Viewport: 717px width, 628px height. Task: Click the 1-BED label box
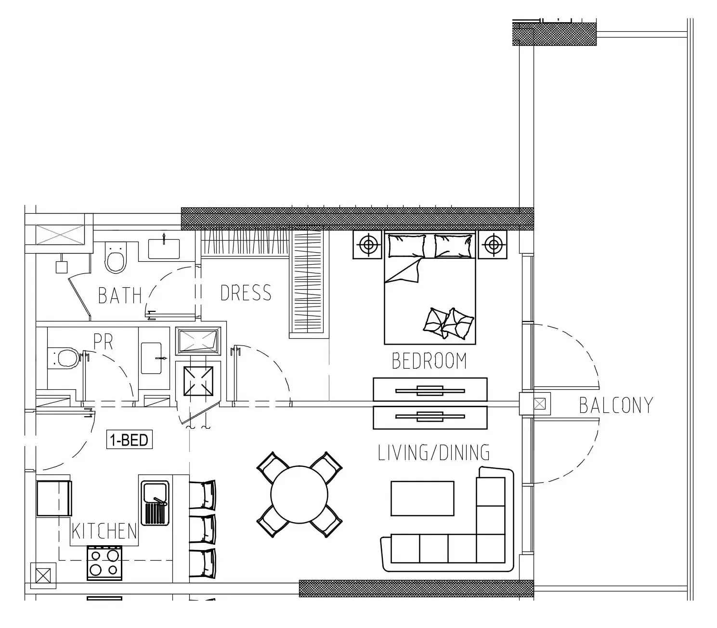click(130, 440)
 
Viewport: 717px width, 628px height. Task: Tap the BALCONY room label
click(616, 406)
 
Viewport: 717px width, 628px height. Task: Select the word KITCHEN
click(104, 531)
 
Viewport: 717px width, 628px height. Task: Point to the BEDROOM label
click(429, 361)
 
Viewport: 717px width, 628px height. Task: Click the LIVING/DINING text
click(434, 452)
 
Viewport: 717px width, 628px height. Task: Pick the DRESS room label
click(246, 293)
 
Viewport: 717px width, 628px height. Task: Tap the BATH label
click(119, 295)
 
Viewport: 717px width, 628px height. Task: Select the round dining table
click(300, 494)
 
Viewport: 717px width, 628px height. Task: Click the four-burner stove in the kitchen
click(104, 563)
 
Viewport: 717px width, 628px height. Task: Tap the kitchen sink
click(155, 502)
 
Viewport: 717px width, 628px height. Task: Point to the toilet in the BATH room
click(116, 257)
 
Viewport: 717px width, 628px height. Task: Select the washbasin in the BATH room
click(164, 249)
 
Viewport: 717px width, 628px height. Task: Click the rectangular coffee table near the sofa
click(422, 498)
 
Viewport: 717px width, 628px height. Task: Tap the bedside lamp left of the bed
click(368, 244)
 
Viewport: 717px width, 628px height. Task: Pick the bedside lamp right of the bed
click(493, 244)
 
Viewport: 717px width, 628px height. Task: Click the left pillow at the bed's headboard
click(406, 246)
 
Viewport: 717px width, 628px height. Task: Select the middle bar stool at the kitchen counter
click(202, 529)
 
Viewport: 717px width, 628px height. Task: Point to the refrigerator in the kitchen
click(54, 498)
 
